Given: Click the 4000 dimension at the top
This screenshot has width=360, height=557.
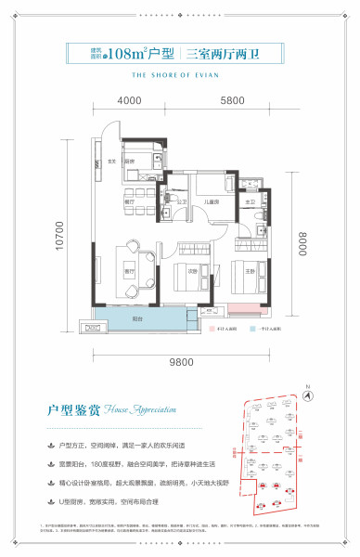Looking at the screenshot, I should [x=129, y=100].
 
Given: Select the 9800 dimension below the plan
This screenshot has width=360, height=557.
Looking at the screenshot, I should [x=177, y=362].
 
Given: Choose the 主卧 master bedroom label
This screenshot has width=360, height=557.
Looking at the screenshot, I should [x=251, y=269].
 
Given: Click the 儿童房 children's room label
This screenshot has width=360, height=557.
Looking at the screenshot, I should [x=212, y=201].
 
